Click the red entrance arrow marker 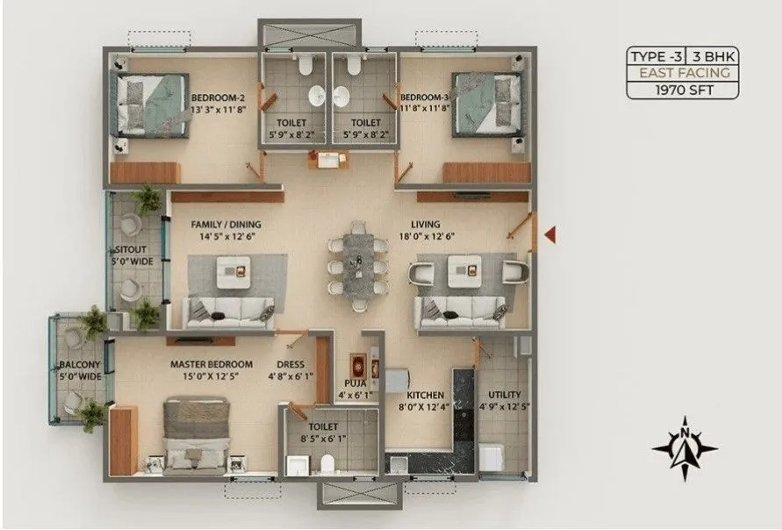coord(551,233)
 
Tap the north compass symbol coord(685,447)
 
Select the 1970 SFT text coord(683,90)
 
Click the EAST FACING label coord(683,73)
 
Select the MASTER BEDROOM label coord(212,364)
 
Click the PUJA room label coord(355,383)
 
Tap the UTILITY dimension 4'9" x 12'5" coord(505,406)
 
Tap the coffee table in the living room coord(463,269)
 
